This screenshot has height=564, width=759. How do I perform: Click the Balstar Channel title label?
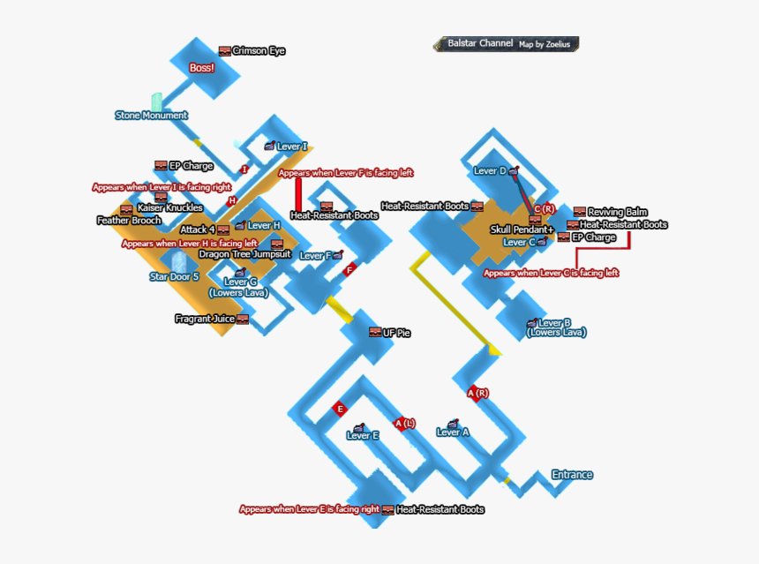click(480, 43)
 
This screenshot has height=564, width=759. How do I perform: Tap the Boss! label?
click(202, 68)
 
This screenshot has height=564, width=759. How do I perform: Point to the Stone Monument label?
click(151, 116)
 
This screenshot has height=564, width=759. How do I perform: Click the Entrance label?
click(572, 475)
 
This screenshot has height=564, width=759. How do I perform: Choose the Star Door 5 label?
click(174, 276)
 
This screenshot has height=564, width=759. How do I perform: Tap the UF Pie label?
click(396, 334)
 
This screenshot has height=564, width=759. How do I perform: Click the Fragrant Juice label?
click(205, 319)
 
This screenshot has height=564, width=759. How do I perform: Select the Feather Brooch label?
click(129, 221)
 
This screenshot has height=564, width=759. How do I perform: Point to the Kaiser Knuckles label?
click(169, 208)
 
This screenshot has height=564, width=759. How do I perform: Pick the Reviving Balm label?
click(618, 212)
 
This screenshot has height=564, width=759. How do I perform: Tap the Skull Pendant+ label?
click(522, 230)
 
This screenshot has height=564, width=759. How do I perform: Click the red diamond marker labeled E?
click(339, 408)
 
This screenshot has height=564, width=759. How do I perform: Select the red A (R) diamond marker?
click(477, 393)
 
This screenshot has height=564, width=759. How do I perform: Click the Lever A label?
click(453, 432)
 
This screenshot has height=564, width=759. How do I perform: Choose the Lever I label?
click(292, 147)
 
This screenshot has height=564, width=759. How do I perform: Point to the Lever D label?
click(490, 171)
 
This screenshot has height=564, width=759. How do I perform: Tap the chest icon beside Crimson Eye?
click(225, 51)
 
